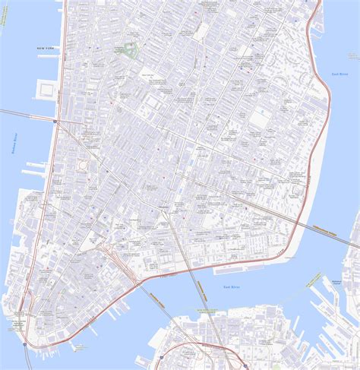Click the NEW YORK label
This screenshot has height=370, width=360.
[46, 49]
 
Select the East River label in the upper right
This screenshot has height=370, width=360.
[339, 74]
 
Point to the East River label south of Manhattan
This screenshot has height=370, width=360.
[232, 286]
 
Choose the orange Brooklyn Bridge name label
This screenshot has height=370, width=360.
[156, 296]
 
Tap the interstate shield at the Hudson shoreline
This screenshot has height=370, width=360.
[55, 120]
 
